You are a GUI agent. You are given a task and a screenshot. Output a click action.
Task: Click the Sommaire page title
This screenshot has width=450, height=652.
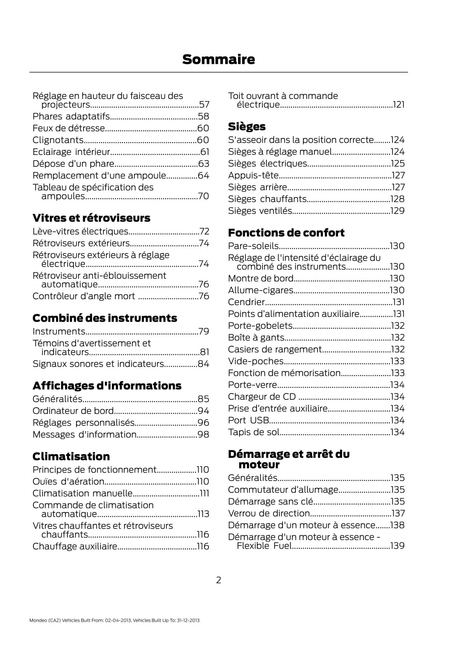(x=218, y=60)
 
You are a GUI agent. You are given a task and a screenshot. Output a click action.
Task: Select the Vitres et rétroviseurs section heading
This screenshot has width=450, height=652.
(x=91, y=218)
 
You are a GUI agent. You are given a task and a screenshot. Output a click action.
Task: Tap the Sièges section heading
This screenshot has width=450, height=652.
(x=247, y=127)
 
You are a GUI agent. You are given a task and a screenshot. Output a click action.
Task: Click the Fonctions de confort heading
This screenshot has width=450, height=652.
(x=286, y=233)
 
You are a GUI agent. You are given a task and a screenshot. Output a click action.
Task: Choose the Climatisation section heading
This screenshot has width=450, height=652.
(x=71, y=456)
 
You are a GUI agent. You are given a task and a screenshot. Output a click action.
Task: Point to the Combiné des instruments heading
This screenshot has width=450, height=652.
(x=104, y=318)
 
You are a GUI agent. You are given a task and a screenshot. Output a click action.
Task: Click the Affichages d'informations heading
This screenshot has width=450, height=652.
(x=107, y=386)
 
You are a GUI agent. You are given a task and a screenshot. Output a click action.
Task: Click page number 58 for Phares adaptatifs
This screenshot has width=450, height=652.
(x=203, y=116)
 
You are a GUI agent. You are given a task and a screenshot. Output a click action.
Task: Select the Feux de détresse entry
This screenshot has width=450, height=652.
(x=69, y=128)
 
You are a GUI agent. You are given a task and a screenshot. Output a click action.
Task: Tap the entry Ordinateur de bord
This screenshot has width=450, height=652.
(x=73, y=411)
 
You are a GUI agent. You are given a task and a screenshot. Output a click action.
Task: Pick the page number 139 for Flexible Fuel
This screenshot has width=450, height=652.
(x=397, y=546)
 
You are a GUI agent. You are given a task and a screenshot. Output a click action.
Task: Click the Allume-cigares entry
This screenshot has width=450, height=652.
(x=260, y=290)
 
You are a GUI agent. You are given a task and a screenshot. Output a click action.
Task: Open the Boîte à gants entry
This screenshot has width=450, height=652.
(x=256, y=337)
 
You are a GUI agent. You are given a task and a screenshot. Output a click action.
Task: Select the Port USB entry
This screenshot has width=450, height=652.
(x=249, y=420)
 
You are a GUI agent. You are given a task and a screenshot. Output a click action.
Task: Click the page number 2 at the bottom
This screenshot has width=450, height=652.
(x=219, y=580)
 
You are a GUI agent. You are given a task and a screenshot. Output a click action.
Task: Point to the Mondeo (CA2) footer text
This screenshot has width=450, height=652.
(x=114, y=620)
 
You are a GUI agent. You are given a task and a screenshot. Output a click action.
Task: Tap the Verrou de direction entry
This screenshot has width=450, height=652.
(x=269, y=513)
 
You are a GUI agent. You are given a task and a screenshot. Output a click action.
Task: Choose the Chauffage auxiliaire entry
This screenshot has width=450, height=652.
(x=75, y=546)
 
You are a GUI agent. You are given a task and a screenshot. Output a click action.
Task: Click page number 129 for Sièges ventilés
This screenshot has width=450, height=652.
(x=397, y=211)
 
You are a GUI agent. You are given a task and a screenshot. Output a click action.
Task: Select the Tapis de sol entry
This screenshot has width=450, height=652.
(x=253, y=432)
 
